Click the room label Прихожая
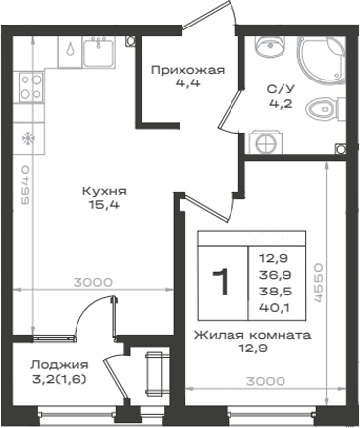188,70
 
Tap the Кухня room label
104,191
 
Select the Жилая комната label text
252,335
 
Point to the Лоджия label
60,365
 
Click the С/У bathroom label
281,89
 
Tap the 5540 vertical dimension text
25,186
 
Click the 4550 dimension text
318,282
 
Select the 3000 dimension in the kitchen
92,282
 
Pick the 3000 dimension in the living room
266,381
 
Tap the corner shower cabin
321,61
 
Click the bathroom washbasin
271,46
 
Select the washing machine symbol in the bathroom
265,142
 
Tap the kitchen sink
99,52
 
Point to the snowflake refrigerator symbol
28,138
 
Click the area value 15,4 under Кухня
104,205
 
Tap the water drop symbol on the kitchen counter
70,49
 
